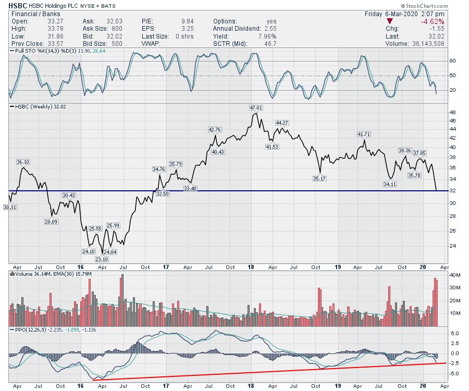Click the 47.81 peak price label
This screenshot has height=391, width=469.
click(255, 108)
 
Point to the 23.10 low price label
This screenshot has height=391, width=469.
click(102, 259)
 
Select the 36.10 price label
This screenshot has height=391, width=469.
click(22, 162)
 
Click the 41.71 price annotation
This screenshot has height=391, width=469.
click(364, 135)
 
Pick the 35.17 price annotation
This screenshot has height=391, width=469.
click(320, 178)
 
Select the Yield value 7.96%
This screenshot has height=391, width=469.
click(267, 36)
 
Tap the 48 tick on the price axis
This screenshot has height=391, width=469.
click(452, 112)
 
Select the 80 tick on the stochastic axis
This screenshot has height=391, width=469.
click(452, 61)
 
